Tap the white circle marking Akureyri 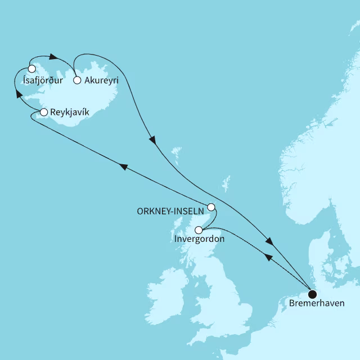coord(77,80)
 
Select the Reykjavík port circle coord(44,112)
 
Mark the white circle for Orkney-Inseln coord(211,206)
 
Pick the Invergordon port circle coord(198,229)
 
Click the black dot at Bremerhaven coord(312,293)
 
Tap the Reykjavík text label coord(70,112)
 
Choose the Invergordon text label coord(200,239)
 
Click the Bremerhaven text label coord(313,304)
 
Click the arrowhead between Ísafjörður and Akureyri coord(54,57)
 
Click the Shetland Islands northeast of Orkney coord(226,183)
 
